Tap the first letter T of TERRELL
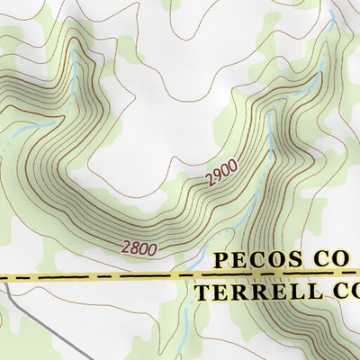(201, 292)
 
